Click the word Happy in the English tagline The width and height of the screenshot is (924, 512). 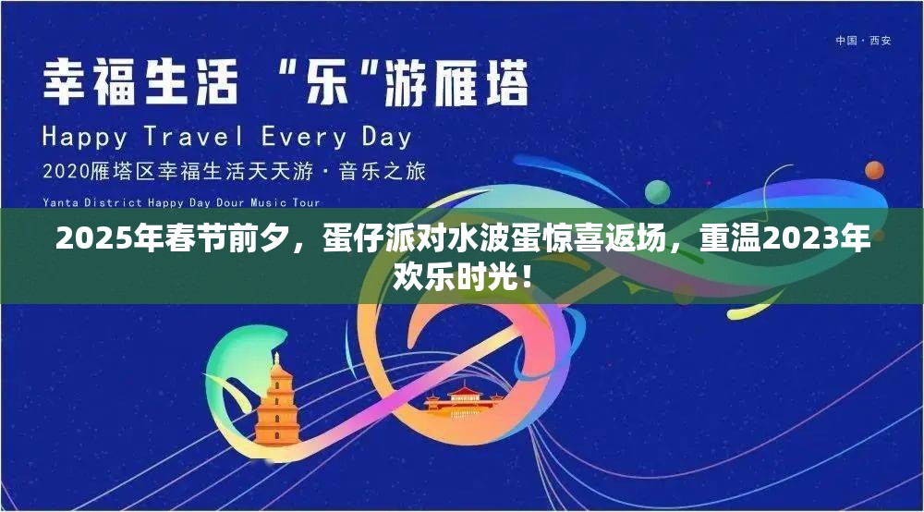point(86,138)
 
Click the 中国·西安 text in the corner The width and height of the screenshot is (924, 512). point(863,41)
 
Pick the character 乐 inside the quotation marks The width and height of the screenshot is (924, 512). point(324,83)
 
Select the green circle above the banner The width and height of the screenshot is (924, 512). point(657,191)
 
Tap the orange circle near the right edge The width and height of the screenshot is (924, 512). point(874,170)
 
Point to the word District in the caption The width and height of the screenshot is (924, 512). point(110,202)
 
